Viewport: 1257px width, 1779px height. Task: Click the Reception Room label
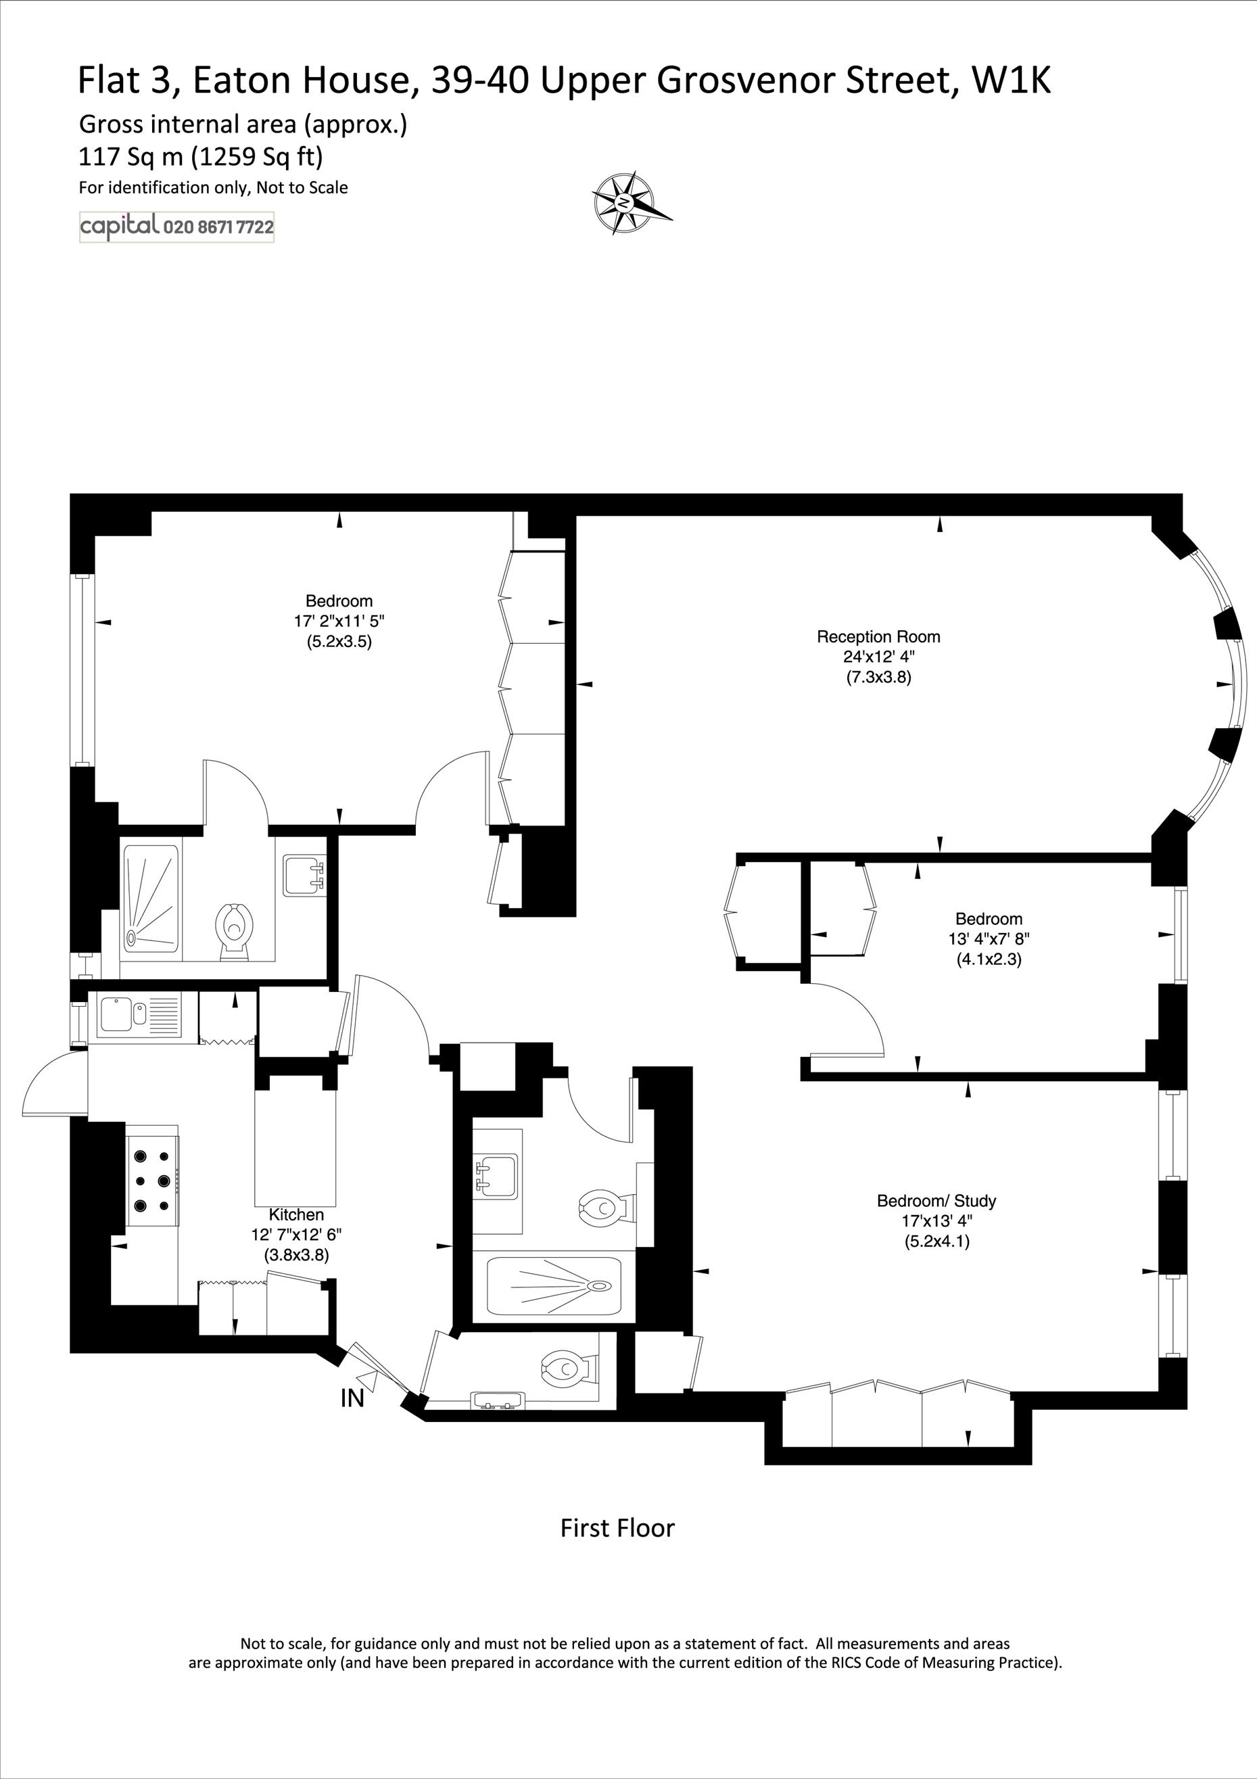pos(878,637)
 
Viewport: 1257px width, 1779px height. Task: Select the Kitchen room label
pos(296,1214)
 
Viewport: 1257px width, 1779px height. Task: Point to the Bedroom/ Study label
pos(936,1201)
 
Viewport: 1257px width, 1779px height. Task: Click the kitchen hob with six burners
pos(153,1181)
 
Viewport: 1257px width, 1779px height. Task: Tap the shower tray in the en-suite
pos(150,897)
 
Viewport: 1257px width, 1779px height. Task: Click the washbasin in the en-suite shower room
pos(304,874)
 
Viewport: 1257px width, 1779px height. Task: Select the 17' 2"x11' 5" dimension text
pos(339,621)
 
